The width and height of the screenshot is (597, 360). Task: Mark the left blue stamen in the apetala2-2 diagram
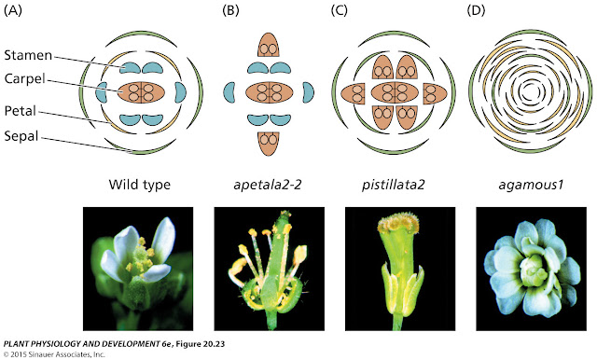[x=234, y=93]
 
